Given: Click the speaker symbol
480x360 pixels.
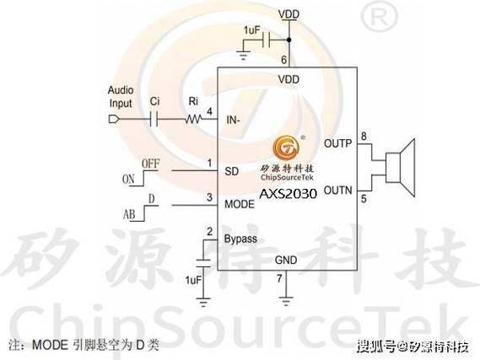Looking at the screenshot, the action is pos(400,168).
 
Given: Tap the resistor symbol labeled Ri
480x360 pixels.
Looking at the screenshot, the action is pos(193,119).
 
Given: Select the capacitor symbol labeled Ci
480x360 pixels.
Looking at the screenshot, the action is pos(154,119).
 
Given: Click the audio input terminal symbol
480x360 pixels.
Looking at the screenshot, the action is pos(114,119).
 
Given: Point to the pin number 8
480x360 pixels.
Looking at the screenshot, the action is pos(364,136).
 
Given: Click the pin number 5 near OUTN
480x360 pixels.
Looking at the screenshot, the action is pos(364,199).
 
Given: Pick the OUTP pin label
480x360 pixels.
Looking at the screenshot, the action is pos(337,143).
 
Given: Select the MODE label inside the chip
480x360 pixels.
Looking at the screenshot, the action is pos(240,204).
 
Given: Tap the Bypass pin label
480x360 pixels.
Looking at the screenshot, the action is pos(240,239).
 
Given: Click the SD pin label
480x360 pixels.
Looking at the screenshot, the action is pos(232,171).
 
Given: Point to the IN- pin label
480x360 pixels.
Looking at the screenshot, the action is pos(233,120).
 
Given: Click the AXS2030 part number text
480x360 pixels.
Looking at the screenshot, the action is pos(288,194).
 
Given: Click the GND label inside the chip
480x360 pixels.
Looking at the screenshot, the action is pos(286,260).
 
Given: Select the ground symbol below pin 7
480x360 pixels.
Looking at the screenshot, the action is pos(286,301).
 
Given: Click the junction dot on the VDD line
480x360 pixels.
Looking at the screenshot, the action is pos(289,40).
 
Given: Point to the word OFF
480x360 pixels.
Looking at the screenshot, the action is pos(151,164).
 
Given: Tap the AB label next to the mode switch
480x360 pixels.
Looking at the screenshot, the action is pos(129,214).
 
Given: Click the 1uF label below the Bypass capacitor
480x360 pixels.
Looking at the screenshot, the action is pos(193,280).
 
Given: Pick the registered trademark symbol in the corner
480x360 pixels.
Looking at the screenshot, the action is pos(379,18).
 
